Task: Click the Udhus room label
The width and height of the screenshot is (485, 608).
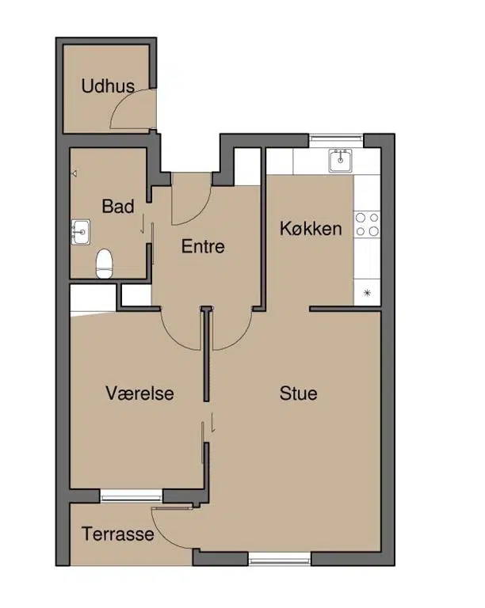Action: [108, 85]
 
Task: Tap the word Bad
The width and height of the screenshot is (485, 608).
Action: [118, 207]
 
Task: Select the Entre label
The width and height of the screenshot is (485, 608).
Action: [203, 247]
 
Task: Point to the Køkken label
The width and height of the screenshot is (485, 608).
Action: [311, 228]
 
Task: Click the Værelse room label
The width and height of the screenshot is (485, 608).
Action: [139, 393]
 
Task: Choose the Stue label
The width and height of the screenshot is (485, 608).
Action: [299, 393]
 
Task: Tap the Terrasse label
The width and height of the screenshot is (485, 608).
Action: [118, 534]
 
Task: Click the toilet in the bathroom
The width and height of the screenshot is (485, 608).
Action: [104, 264]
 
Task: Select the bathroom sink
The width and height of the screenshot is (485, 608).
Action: [81, 232]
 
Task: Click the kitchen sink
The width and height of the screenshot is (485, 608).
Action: [340, 161]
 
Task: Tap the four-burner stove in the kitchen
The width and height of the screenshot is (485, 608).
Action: [367, 224]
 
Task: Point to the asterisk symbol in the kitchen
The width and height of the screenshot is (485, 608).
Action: [367, 293]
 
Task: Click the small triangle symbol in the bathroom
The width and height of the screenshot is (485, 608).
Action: [74, 173]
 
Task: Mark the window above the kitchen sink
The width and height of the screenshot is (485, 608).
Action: [336, 137]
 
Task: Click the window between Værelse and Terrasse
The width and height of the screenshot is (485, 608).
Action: [131, 496]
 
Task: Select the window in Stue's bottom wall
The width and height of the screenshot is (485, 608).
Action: [280, 560]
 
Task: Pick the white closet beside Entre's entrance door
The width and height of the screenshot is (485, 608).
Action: [247, 166]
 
